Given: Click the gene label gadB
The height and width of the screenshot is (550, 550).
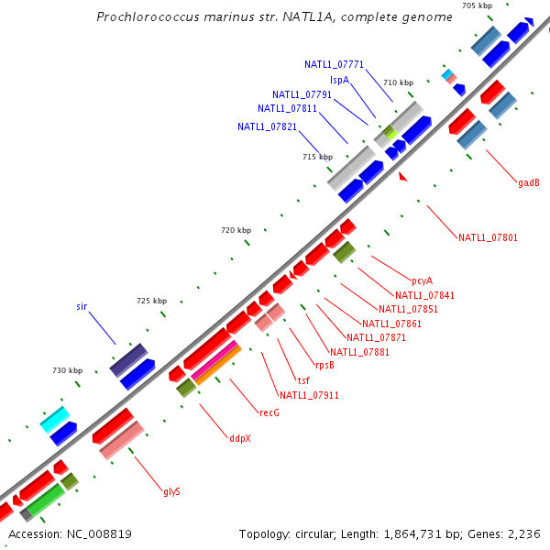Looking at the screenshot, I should coord(528,182).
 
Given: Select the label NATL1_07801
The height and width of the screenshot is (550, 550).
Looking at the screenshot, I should coord(488,238).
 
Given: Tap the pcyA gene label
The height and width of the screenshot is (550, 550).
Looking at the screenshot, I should coord(422,280).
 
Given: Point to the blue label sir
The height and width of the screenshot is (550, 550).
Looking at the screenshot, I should coord(82,306).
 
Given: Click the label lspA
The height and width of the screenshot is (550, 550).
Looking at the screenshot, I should coord(339,80).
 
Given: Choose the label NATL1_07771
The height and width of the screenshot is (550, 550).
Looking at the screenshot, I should coord(335,64).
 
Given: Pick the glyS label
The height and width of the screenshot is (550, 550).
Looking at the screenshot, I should coord(171,491).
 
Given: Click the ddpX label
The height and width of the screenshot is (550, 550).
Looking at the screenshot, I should coord(240,438).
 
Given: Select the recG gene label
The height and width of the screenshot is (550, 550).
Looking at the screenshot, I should coord(269,412).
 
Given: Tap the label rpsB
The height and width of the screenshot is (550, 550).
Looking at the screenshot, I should coord(324,365).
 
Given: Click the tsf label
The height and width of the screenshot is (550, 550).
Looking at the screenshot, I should coord(303,379).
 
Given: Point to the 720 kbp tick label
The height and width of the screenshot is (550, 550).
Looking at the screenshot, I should coord(236,230).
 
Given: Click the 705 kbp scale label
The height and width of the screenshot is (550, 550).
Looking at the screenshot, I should coord(477,5).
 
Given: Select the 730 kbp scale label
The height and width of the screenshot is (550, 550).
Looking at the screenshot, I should coord(67,370).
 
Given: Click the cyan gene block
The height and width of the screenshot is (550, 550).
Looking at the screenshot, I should coord(55,420).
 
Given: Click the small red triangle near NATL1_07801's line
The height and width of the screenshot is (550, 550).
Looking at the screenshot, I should coord(401,177).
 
